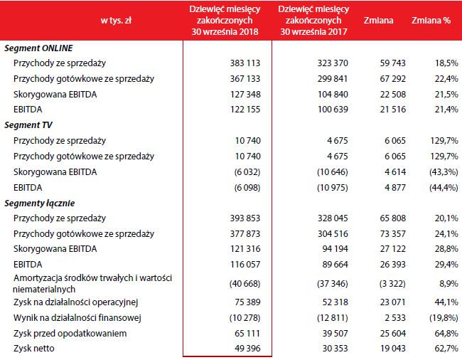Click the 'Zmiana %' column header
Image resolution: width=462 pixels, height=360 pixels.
point(431,21)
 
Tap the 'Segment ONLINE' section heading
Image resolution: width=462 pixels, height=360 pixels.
point(38,48)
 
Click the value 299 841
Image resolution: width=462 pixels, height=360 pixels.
point(331,79)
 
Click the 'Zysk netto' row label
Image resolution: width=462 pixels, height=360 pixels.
point(34,347)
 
